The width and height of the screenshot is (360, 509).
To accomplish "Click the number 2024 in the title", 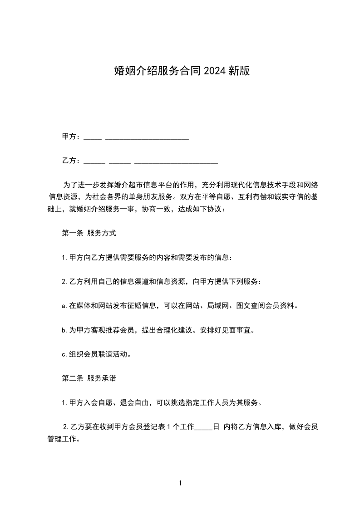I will click(x=215, y=71).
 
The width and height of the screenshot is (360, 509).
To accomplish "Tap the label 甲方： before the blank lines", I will click(x=71, y=137).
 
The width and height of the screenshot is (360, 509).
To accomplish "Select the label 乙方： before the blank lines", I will click(x=71, y=161).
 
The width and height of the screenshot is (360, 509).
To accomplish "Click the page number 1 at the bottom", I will click(x=180, y=483).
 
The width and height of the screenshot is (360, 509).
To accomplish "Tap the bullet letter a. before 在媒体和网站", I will click(x=64, y=306).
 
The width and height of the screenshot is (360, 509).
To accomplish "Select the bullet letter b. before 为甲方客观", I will click(x=64, y=330).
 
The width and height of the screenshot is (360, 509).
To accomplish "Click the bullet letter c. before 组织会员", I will click(x=64, y=354).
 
